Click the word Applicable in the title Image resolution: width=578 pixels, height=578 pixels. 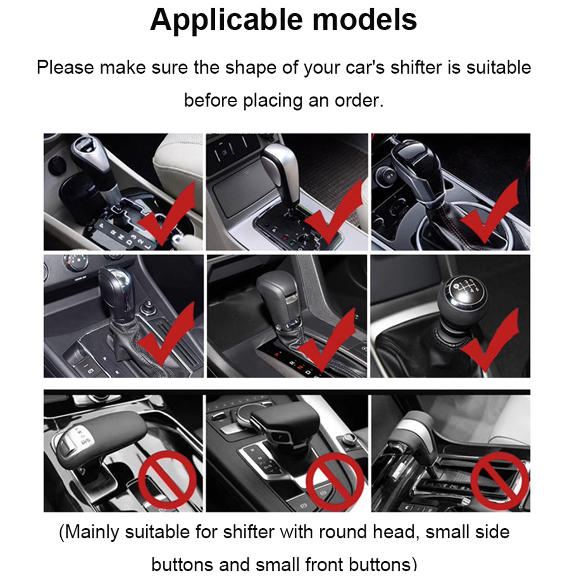click(226, 20)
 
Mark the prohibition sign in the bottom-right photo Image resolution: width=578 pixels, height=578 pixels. click(500, 481)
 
